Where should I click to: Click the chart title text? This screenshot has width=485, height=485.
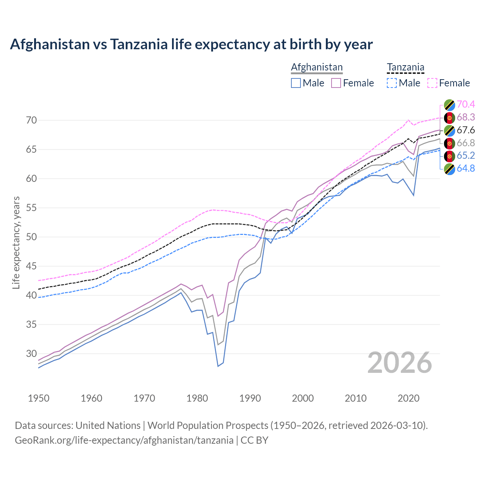191,44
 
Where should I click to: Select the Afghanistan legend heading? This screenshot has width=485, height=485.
317,67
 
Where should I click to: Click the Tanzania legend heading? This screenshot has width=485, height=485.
405,67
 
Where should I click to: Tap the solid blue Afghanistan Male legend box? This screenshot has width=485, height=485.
296,83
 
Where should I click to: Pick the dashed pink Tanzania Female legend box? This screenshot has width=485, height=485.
432,83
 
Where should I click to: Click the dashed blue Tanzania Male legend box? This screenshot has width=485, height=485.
392,83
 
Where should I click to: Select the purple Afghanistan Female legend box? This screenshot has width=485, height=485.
336,83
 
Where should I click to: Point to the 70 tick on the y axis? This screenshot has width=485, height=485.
31,120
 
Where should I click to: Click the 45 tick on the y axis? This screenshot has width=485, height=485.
31,266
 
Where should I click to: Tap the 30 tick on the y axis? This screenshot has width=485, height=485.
31,354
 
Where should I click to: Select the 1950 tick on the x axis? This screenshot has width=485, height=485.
39,398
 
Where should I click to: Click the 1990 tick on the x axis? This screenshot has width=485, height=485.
250,398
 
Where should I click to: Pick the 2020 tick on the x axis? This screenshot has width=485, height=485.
408,398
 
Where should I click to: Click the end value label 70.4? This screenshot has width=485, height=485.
466,104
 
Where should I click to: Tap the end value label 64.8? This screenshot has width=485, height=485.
466,169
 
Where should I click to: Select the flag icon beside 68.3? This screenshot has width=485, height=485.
449,117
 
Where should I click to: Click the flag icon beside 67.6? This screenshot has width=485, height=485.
449,130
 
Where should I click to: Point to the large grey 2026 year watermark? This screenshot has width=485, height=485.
400,363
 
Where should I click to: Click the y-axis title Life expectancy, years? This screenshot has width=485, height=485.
16,242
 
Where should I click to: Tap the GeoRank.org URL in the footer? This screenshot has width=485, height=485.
124,440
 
